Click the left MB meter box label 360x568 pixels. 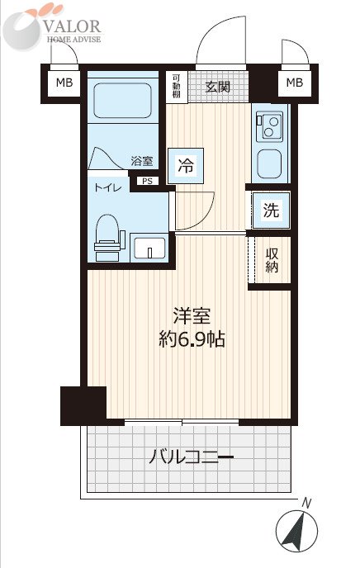point(64,83)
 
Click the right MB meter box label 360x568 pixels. point(295,83)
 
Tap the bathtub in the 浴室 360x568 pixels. point(122,101)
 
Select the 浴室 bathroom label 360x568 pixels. point(142,161)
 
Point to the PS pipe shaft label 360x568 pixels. point(148,181)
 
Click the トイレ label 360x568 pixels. point(107,187)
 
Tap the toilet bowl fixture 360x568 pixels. point(107,237)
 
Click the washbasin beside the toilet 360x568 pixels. point(149,248)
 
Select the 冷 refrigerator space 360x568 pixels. point(186,166)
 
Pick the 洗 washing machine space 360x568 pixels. point(272,210)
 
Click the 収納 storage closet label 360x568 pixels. point(272,260)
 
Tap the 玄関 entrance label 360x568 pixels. point(218,87)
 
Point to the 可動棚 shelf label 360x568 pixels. point(177,86)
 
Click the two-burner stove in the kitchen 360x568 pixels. point(269,126)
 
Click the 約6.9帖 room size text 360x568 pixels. point(192,340)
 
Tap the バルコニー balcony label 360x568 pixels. point(192,457)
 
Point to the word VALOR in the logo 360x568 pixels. point(73,26)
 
